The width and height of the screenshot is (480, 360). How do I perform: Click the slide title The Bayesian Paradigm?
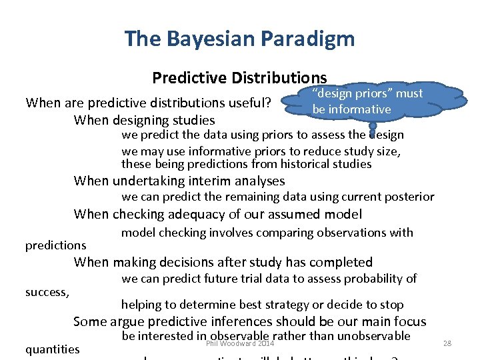point(239,38)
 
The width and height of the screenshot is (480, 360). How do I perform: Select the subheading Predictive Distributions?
point(239,78)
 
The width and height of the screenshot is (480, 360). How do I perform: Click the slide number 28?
point(447,343)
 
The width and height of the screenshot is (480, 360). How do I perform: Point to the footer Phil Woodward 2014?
point(240,343)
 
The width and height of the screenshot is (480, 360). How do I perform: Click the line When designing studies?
point(145,120)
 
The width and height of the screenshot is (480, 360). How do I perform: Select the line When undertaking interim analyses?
point(179,181)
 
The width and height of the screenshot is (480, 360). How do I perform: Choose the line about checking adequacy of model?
point(218,214)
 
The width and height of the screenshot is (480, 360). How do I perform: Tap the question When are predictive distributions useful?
point(147,103)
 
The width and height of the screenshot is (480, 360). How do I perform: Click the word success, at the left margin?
point(47,291)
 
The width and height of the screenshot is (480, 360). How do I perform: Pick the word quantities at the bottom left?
point(52,349)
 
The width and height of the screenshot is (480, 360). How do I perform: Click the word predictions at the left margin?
point(56,245)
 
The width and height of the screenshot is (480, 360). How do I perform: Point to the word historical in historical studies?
point(305,164)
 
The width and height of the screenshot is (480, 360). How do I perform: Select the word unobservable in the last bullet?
point(371,336)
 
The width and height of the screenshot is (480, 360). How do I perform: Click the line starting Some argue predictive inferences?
point(250,321)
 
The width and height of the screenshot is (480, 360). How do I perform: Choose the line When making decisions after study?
point(223,262)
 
